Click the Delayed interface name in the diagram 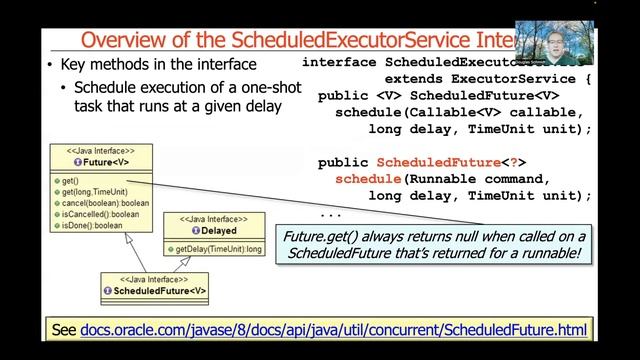tap(214, 229)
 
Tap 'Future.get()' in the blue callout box tap(319, 237)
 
